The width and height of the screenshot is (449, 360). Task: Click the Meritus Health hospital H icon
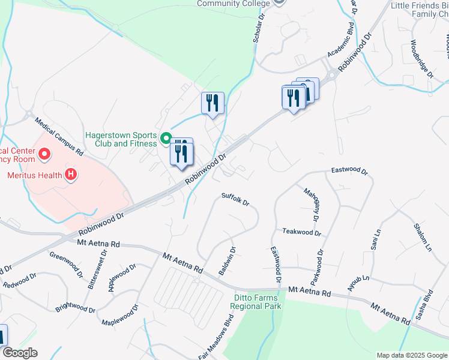[71, 175]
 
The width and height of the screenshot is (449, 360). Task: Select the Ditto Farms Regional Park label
[256, 301]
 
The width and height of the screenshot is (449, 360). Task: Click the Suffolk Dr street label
[235, 199]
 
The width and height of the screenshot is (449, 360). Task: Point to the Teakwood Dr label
[302, 232]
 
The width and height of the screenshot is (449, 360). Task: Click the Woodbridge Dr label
[422, 59]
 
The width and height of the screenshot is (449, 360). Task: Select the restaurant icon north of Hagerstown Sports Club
[212, 103]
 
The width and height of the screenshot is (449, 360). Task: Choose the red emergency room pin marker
[44, 155]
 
